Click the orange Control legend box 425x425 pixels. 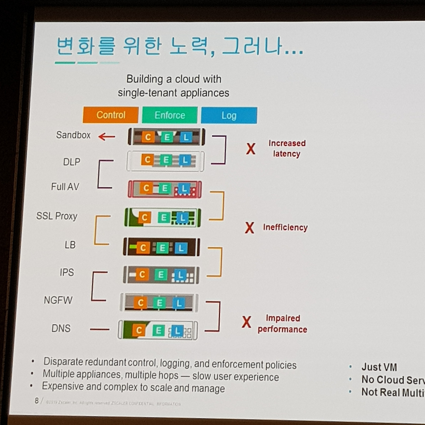(x=111, y=115)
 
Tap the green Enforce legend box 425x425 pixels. (x=170, y=115)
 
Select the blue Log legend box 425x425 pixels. (x=229, y=116)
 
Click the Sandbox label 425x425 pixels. (x=73, y=135)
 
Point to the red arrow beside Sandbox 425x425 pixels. (x=107, y=136)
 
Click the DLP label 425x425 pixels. (x=72, y=162)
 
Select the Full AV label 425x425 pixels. (x=65, y=187)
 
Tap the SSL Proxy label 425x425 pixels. (x=57, y=216)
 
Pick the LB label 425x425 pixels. (x=70, y=245)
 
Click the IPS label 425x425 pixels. (x=67, y=272)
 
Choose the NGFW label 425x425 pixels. (x=58, y=300)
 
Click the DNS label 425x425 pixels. (x=61, y=328)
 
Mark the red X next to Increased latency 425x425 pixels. (x=251, y=149)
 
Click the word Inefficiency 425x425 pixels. (x=285, y=227)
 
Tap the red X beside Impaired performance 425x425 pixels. (x=246, y=322)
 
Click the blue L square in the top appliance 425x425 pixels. (x=186, y=137)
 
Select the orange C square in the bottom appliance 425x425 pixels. (x=139, y=330)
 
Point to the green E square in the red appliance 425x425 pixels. (x=164, y=189)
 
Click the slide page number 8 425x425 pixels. (x=37, y=400)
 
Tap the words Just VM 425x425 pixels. (x=379, y=367)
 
